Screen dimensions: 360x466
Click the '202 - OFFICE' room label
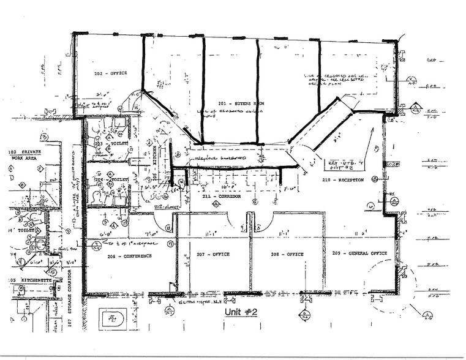(110, 73)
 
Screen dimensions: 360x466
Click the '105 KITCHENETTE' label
(24, 279)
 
